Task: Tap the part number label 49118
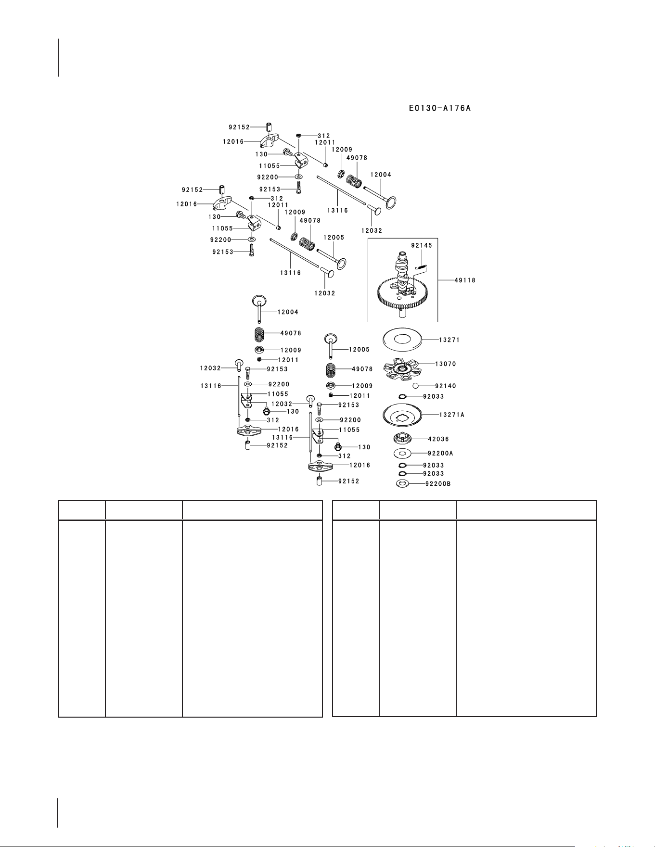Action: [465, 280]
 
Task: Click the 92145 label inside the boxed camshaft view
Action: [422, 245]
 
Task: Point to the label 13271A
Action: [451, 415]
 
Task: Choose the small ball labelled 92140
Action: [416, 386]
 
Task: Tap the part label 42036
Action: [438, 439]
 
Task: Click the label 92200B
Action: [438, 484]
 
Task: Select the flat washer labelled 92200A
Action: [403, 453]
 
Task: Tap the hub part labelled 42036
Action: [403, 439]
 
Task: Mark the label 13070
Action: [446, 364]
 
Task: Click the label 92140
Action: [446, 386]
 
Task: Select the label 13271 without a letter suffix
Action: [450, 340]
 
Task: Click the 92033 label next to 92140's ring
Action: [434, 397]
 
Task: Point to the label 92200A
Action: [440, 453]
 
